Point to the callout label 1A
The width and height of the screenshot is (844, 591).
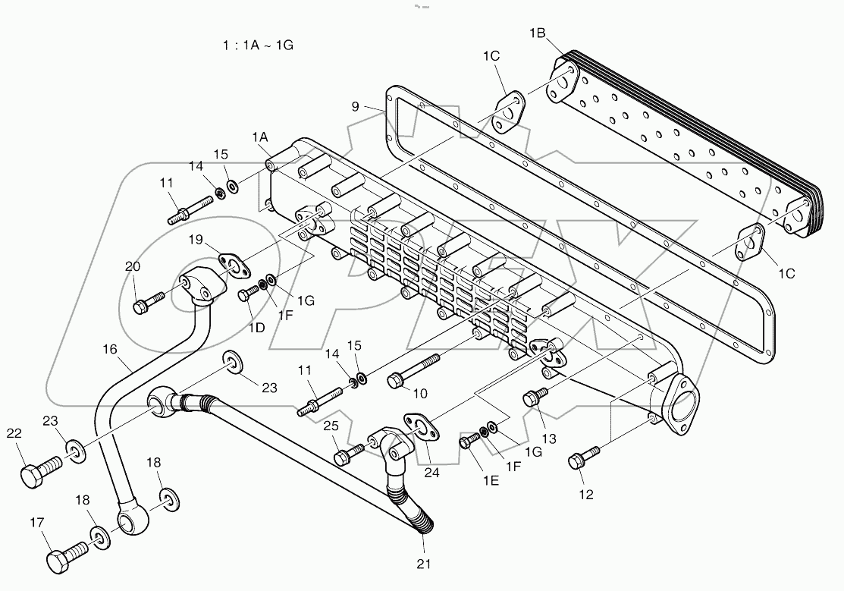tap(260, 137)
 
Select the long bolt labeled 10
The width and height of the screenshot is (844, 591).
tap(413, 369)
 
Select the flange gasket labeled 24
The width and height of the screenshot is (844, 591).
tap(421, 427)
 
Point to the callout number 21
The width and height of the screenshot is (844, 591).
tap(423, 563)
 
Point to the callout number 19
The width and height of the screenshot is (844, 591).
tap(196, 240)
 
